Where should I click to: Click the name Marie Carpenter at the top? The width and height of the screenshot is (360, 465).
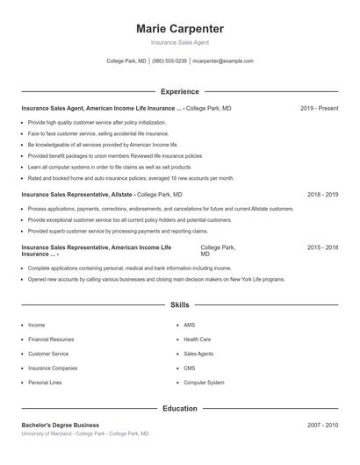pyautogui.click(x=179, y=28)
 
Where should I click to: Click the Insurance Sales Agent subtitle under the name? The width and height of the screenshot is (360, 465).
pyautogui.click(x=179, y=42)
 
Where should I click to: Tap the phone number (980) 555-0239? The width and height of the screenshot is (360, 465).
pyautogui.click(x=169, y=61)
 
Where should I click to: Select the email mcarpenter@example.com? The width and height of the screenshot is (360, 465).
pyautogui.click(x=223, y=61)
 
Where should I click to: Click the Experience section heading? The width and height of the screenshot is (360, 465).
pyautogui.click(x=179, y=91)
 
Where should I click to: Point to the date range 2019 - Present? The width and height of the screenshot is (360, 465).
pyautogui.click(x=319, y=108)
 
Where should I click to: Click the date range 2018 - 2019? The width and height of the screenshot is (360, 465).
pyautogui.click(x=322, y=194)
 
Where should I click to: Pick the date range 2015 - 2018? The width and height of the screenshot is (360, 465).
pyautogui.click(x=322, y=248)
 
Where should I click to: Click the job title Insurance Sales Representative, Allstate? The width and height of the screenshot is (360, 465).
pyautogui.click(x=76, y=194)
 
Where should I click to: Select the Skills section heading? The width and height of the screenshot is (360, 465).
pyautogui.click(x=179, y=305)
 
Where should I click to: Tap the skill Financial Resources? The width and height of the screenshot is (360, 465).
pyautogui.click(x=51, y=339)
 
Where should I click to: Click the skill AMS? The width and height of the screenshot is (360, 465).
pyautogui.click(x=189, y=325)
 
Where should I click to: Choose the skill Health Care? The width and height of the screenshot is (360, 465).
pyautogui.click(x=197, y=339)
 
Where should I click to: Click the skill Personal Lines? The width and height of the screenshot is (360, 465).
pyautogui.click(x=46, y=383)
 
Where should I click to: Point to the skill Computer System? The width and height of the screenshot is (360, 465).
pyautogui.click(x=204, y=383)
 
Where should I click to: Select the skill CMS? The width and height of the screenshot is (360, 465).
pyautogui.click(x=189, y=368)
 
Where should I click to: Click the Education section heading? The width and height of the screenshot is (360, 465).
pyautogui.click(x=179, y=408)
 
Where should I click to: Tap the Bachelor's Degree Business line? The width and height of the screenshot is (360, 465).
pyautogui.click(x=60, y=425)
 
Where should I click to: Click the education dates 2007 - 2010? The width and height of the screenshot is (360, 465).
pyautogui.click(x=322, y=425)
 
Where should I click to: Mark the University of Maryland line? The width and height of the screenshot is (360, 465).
pyautogui.click(x=84, y=433)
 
